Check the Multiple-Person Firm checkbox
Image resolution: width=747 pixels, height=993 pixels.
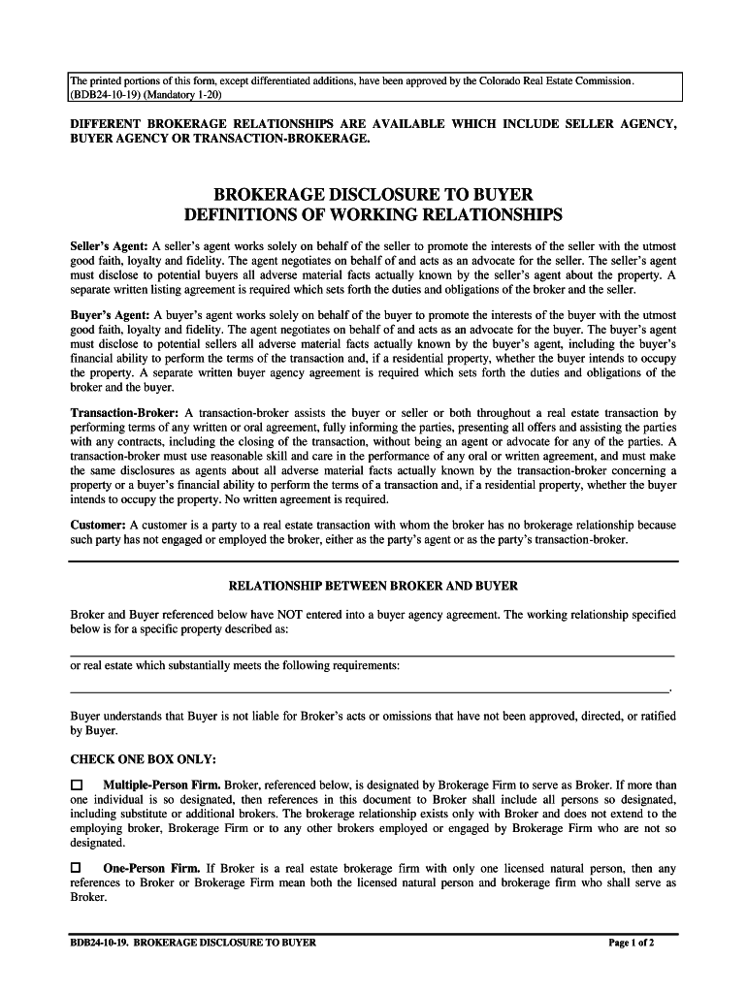tap(78, 784)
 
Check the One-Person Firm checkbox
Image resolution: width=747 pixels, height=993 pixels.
tap(78, 868)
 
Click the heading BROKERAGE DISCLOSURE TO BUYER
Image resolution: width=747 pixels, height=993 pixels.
tap(373, 195)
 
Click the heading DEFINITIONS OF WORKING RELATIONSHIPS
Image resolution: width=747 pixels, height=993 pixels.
tap(373, 214)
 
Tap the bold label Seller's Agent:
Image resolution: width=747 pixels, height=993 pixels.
tap(110, 247)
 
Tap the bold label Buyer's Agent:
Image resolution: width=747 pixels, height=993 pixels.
tap(110, 316)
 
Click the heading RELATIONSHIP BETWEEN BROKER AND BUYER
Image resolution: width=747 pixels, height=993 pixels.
tap(373, 586)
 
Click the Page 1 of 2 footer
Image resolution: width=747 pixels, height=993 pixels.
tap(632, 943)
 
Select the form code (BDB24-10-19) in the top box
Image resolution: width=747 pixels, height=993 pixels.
tap(103, 96)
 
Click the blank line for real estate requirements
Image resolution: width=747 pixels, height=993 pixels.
tap(369, 690)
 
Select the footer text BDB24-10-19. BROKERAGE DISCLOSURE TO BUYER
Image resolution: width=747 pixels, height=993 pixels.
tap(193, 943)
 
